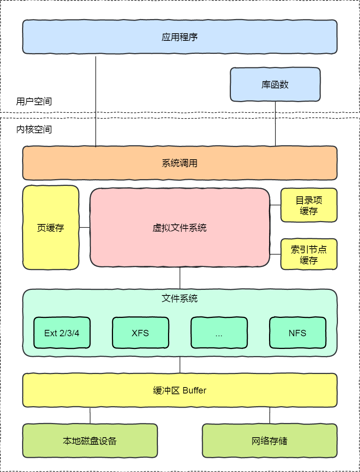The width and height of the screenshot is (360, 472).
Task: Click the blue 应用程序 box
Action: pos(180,37)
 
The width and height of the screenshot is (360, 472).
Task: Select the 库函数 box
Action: pos(275,85)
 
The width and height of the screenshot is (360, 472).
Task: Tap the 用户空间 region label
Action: pos(34,101)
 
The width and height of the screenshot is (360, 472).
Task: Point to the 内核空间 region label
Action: pos(34,129)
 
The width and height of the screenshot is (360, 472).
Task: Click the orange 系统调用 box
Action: pos(180,163)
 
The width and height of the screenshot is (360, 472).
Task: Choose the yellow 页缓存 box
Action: pos(51,228)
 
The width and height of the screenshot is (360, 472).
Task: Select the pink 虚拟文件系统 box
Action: pos(180,228)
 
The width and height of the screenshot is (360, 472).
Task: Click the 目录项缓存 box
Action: pos(309,205)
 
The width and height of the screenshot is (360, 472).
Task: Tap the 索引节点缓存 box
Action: pos(309,254)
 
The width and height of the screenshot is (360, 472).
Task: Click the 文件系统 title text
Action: pos(180,298)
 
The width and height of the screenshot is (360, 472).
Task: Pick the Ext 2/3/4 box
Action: pos(62,333)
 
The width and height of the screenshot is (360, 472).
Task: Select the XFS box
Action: pos(140,333)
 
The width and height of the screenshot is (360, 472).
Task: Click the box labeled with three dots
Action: pos(219,333)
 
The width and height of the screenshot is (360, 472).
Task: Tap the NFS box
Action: pos(298,333)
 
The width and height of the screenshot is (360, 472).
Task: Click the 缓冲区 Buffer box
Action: pos(180,390)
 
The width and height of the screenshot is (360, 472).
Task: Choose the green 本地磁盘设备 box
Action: pos(90,441)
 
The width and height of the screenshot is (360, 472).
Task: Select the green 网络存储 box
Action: pos(269,441)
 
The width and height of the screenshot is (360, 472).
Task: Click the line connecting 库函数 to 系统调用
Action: pos(275,123)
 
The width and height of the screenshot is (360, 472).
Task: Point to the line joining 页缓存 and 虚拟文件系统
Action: pos(85,227)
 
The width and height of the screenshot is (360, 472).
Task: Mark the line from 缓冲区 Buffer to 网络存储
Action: pos(270,416)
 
